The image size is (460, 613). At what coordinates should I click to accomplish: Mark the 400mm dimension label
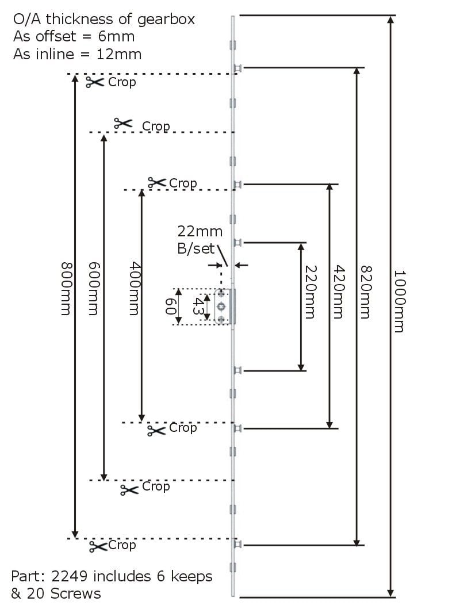point(134,288)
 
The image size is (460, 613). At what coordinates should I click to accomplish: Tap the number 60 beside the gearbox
point(171,306)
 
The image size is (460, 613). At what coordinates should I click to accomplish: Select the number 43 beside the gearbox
point(197,305)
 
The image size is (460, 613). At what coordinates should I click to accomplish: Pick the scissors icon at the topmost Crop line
point(95,83)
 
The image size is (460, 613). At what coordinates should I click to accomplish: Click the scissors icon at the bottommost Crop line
point(98,546)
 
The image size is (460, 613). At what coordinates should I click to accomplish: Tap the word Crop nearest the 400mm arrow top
point(183,183)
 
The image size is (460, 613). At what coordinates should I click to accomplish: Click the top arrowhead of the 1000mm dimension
point(391,21)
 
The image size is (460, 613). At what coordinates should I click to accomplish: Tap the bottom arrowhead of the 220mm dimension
point(301,366)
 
